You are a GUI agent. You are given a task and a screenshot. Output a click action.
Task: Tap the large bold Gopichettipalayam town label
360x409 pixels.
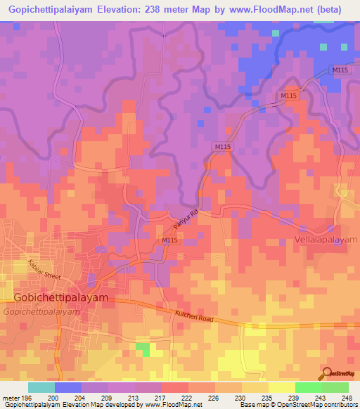(61, 297)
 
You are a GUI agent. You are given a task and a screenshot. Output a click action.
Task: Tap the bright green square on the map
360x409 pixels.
(143, 349)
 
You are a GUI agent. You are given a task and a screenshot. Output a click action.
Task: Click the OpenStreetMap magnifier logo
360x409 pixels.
(326, 373)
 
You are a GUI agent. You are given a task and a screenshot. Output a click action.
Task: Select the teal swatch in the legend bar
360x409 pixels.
(41, 387)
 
